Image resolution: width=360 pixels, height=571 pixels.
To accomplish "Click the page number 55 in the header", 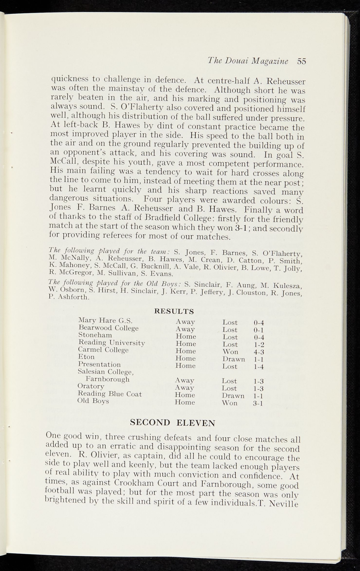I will point(301,61).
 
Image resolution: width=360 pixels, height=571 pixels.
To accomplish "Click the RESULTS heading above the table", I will point(174,311).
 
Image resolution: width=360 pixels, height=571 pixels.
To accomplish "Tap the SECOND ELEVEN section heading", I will point(173,423).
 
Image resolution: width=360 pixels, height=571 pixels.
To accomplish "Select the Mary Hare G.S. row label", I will point(105,320).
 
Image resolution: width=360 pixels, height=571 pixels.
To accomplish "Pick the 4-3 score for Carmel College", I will point(258,352).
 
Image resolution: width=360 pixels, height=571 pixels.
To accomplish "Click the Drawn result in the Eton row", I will point(233,359).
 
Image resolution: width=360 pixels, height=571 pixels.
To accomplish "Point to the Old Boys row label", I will point(93,401).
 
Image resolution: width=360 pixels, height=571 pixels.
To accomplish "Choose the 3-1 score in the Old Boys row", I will point(258,403).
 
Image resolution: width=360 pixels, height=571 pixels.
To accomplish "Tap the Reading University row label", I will point(112,342).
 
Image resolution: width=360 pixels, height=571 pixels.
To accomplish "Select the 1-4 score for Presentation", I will point(258,367).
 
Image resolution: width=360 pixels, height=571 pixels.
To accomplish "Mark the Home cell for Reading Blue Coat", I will point(185,395).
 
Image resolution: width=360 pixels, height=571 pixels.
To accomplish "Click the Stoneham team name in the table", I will point(95,335).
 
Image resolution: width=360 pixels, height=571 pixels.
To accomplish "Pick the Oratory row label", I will point(91,386).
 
